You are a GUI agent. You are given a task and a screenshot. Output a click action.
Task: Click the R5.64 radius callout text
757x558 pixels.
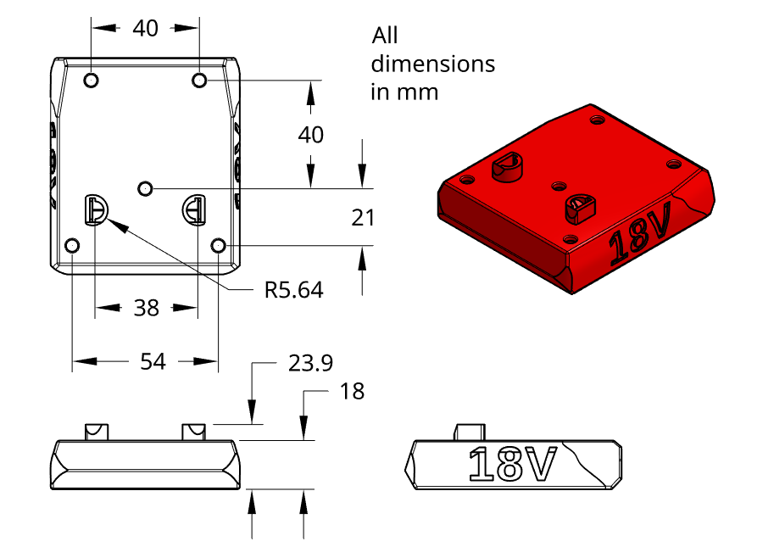click(x=293, y=290)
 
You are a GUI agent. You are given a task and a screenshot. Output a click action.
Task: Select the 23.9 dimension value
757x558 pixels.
click(x=310, y=363)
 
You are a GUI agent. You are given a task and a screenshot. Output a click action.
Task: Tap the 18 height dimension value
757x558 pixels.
click(x=352, y=391)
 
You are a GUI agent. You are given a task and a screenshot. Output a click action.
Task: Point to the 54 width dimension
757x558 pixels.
click(x=153, y=362)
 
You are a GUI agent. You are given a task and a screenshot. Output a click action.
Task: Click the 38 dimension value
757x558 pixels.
click(x=147, y=308)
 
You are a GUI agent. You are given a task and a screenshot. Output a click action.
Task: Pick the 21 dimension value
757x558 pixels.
click(x=363, y=218)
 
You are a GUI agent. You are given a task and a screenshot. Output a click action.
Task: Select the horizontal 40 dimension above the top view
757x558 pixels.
click(x=145, y=28)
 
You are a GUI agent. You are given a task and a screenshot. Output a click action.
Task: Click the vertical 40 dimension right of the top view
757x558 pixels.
click(x=312, y=135)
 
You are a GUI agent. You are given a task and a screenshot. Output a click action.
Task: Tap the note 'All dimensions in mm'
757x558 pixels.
click(x=432, y=64)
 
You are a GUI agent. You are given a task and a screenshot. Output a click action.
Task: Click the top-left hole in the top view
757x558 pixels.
click(x=92, y=81)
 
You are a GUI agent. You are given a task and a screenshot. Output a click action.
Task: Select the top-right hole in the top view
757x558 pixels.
click(x=199, y=81)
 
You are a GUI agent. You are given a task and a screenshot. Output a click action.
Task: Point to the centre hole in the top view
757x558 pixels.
click(x=146, y=187)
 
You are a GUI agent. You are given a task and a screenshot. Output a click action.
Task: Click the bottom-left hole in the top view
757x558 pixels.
click(x=72, y=246)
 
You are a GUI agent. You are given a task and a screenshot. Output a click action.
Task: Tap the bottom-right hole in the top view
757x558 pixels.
click(x=218, y=246)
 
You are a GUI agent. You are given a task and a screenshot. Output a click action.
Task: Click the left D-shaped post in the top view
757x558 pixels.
click(x=95, y=209)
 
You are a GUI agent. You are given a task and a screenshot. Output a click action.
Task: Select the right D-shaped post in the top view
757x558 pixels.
click(x=196, y=209)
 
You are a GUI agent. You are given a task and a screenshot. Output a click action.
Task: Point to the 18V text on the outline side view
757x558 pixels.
click(x=513, y=465)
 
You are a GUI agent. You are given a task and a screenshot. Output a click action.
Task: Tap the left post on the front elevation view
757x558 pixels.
click(x=97, y=431)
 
